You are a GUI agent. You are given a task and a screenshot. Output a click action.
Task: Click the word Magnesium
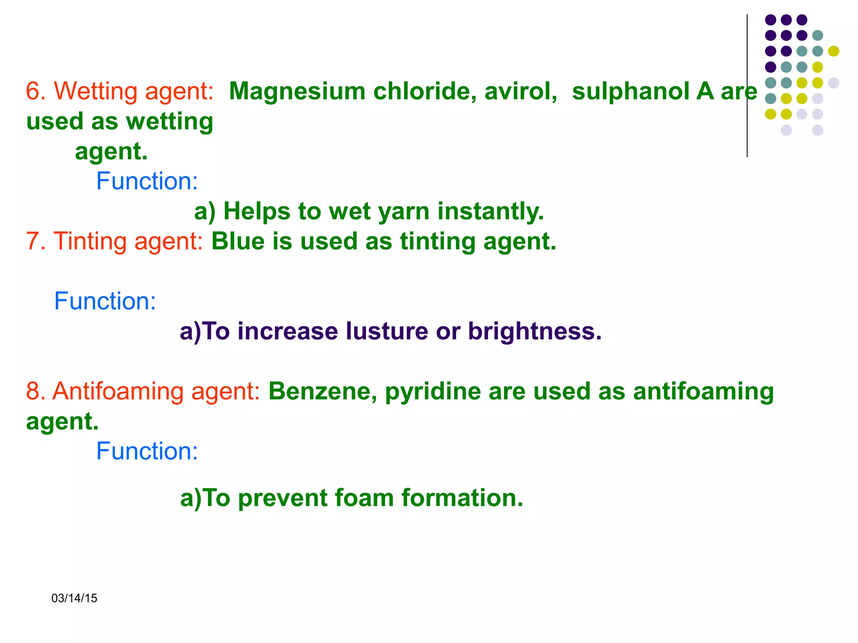coord(297,91)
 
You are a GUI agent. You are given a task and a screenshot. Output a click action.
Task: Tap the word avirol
coord(521,91)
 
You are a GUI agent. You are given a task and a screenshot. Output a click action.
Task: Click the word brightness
coord(535,332)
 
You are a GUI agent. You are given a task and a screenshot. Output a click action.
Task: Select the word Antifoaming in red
coord(118,391)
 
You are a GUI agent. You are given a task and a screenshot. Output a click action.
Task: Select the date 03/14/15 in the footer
coord(74,598)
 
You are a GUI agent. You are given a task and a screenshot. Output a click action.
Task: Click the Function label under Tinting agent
coord(105,301)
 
